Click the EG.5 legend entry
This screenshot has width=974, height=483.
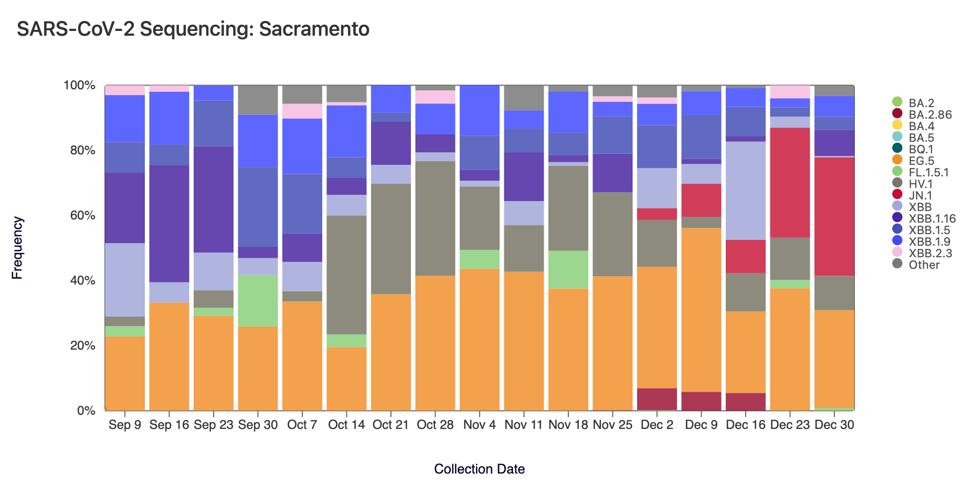pos(921,161)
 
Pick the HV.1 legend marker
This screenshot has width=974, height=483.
pos(897,184)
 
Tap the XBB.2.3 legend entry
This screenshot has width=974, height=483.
pos(930,253)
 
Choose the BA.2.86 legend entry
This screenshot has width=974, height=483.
pos(929,114)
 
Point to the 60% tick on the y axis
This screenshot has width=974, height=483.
pos(79,215)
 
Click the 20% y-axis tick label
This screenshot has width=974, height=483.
pos(79,345)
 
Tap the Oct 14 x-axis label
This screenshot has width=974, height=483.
pos(346,425)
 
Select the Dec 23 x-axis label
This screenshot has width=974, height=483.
pos(790,425)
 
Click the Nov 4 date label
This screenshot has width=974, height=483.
pos(479,425)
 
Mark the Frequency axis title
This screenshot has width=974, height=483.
pos(17,248)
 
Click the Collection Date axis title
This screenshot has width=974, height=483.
pos(479,469)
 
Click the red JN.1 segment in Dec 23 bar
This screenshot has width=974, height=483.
pos(790,182)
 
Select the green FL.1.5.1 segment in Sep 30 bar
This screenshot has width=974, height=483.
pos(258,300)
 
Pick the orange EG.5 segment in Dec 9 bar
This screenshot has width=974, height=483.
pos(701,310)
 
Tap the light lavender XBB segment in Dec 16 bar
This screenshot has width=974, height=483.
pos(746,191)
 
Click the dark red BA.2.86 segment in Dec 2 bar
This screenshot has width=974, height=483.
pos(657,399)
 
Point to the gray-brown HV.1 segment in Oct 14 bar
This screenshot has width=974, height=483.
pos(346,275)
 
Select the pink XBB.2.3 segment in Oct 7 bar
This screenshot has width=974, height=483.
pos(302,111)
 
